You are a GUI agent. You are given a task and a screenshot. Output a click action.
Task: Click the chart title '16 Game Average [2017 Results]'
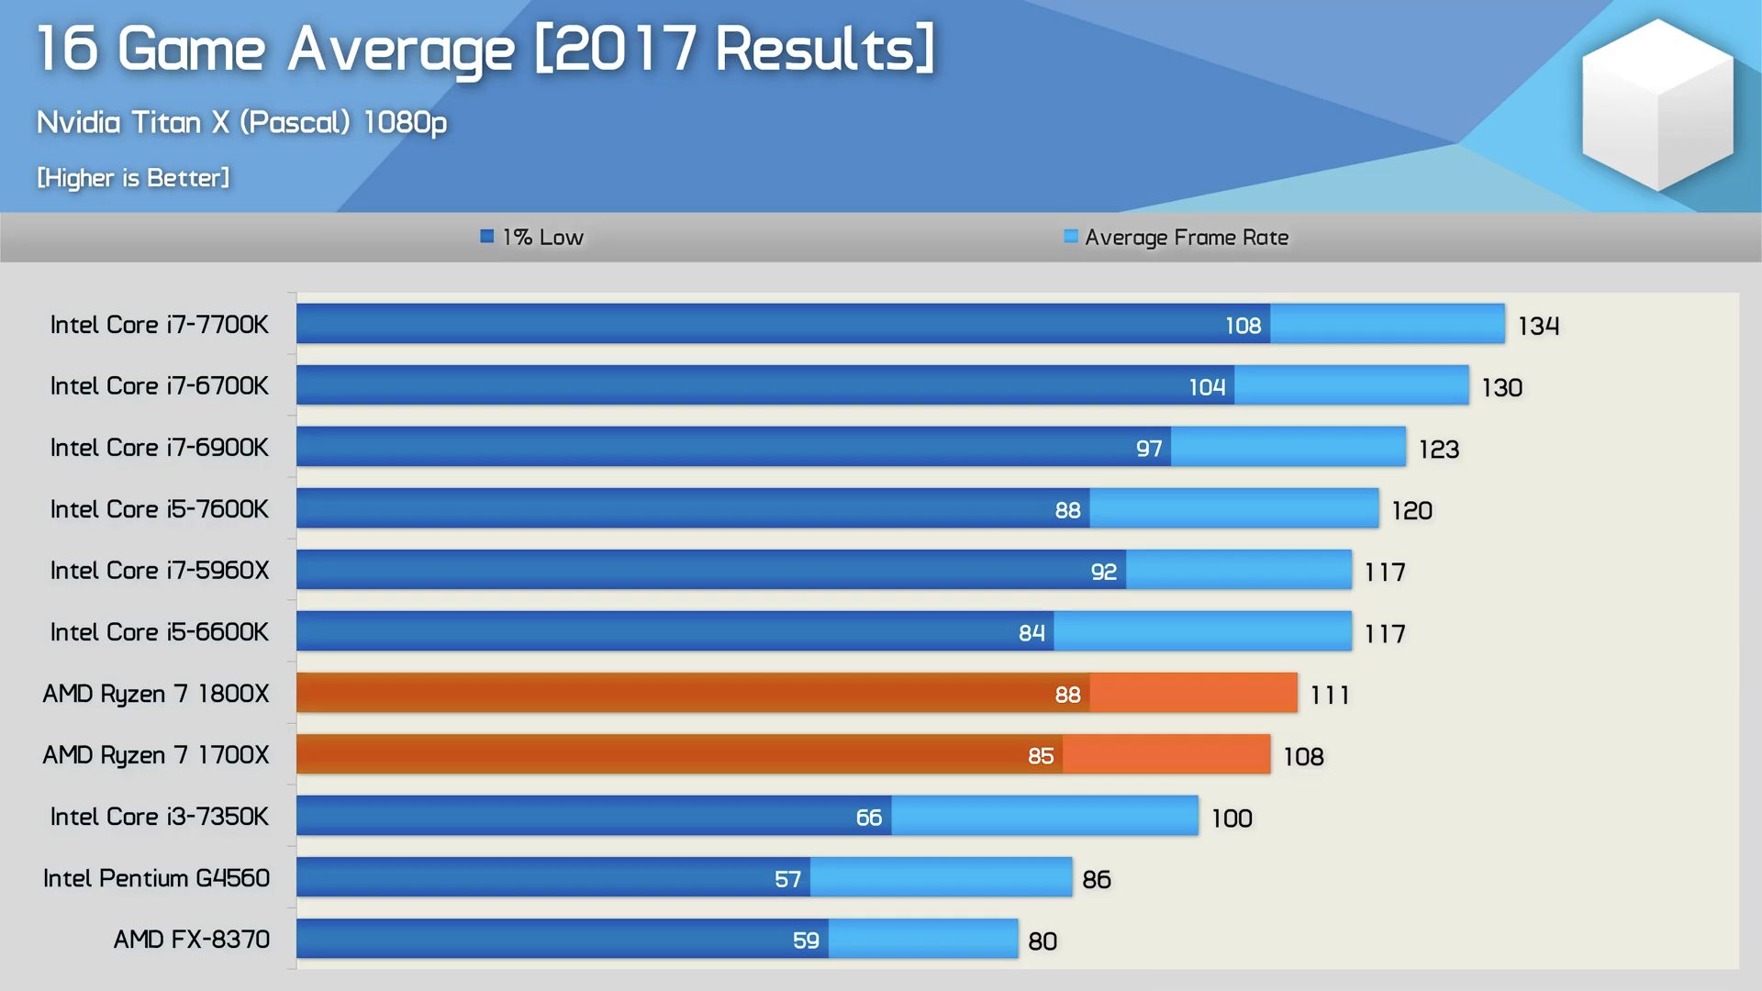pyautogui.click(x=485, y=50)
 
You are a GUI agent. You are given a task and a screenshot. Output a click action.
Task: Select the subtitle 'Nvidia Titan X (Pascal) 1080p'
pyautogui.click(x=241, y=122)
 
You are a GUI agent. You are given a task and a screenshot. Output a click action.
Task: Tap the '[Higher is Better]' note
pyautogui.click(x=133, y=177)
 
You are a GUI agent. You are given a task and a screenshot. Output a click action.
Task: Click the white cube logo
pyautogui.click(x=1656, y=104)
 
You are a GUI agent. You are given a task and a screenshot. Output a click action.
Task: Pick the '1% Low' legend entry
pyautogui.click(x=532, y=238)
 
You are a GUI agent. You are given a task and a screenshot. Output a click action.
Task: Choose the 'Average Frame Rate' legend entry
pyautogui.click(x=1176, y=238)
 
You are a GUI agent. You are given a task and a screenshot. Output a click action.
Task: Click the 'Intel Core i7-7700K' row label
pyautogui.click(x=160, y=325)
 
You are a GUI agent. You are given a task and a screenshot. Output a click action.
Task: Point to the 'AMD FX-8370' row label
pyautogui.click(x=191, y=940)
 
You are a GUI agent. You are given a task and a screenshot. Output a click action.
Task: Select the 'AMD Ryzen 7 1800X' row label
pyautogui.click(x=156, y=694)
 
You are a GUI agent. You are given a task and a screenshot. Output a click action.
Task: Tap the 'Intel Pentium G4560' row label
pyautogui.click(x=156, y=878)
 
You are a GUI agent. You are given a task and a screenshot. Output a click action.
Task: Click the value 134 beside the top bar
pyautogui.click(x=1538, y=326)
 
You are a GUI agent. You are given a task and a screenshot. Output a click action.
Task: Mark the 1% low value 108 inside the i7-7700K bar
pyautogui.click(x=1243, y=326)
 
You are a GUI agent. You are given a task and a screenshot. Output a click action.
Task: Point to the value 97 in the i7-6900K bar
pyautogui.click(x=1148, y=449)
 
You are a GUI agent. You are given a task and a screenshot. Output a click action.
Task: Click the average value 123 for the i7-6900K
pyautogui.click(x=1438, y=449)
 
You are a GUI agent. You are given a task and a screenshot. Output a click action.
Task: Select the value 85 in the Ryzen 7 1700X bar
pyautogui.click(x=1040, y=756)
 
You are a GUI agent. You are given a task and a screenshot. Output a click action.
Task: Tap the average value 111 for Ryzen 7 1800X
pyautogui.click(x=1330, y=695)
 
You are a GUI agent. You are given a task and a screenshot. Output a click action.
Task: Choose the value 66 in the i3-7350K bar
pyautogui.click(x=868, y=818)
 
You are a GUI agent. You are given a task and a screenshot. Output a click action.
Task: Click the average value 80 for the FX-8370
pyautogui.click(x=1042, y=941)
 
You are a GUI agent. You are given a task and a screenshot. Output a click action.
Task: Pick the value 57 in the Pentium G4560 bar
pyautogui.click(x=787, y=879)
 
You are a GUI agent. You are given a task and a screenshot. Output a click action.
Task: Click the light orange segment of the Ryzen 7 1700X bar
pyautogui.click(x=1166, y=754)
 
